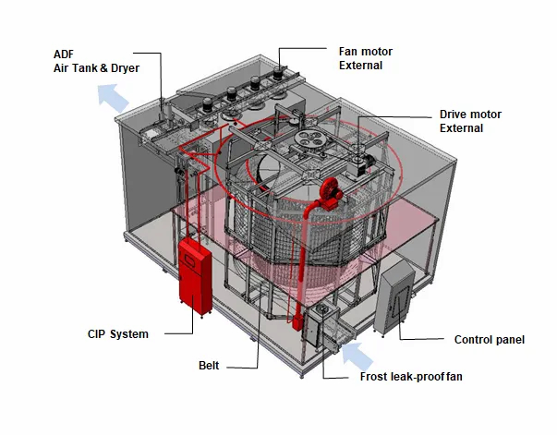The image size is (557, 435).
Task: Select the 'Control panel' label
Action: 490,340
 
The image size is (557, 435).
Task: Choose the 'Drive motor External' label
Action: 470,121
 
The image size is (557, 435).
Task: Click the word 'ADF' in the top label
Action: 63,54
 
